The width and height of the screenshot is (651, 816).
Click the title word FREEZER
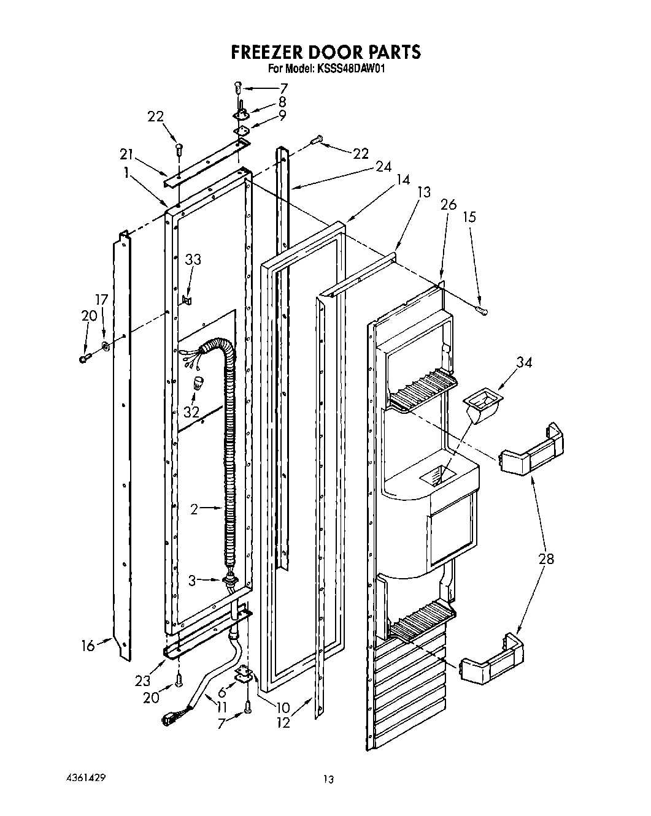pos(274,52)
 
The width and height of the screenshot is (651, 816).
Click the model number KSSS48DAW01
pos(351,69)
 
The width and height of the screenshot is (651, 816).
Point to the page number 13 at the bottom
pos(329,779)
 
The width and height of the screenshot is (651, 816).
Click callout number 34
pos(524,362)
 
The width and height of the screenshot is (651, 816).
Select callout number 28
pos(545,559)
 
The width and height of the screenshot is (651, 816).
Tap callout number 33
pos(193,260)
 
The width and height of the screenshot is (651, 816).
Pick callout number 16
pos(88,646)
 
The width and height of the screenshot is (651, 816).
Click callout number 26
pos(449,204)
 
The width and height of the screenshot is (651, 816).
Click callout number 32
pos(191,412)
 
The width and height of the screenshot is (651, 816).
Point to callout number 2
pos(194,508)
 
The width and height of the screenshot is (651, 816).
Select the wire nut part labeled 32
pos(199,385)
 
